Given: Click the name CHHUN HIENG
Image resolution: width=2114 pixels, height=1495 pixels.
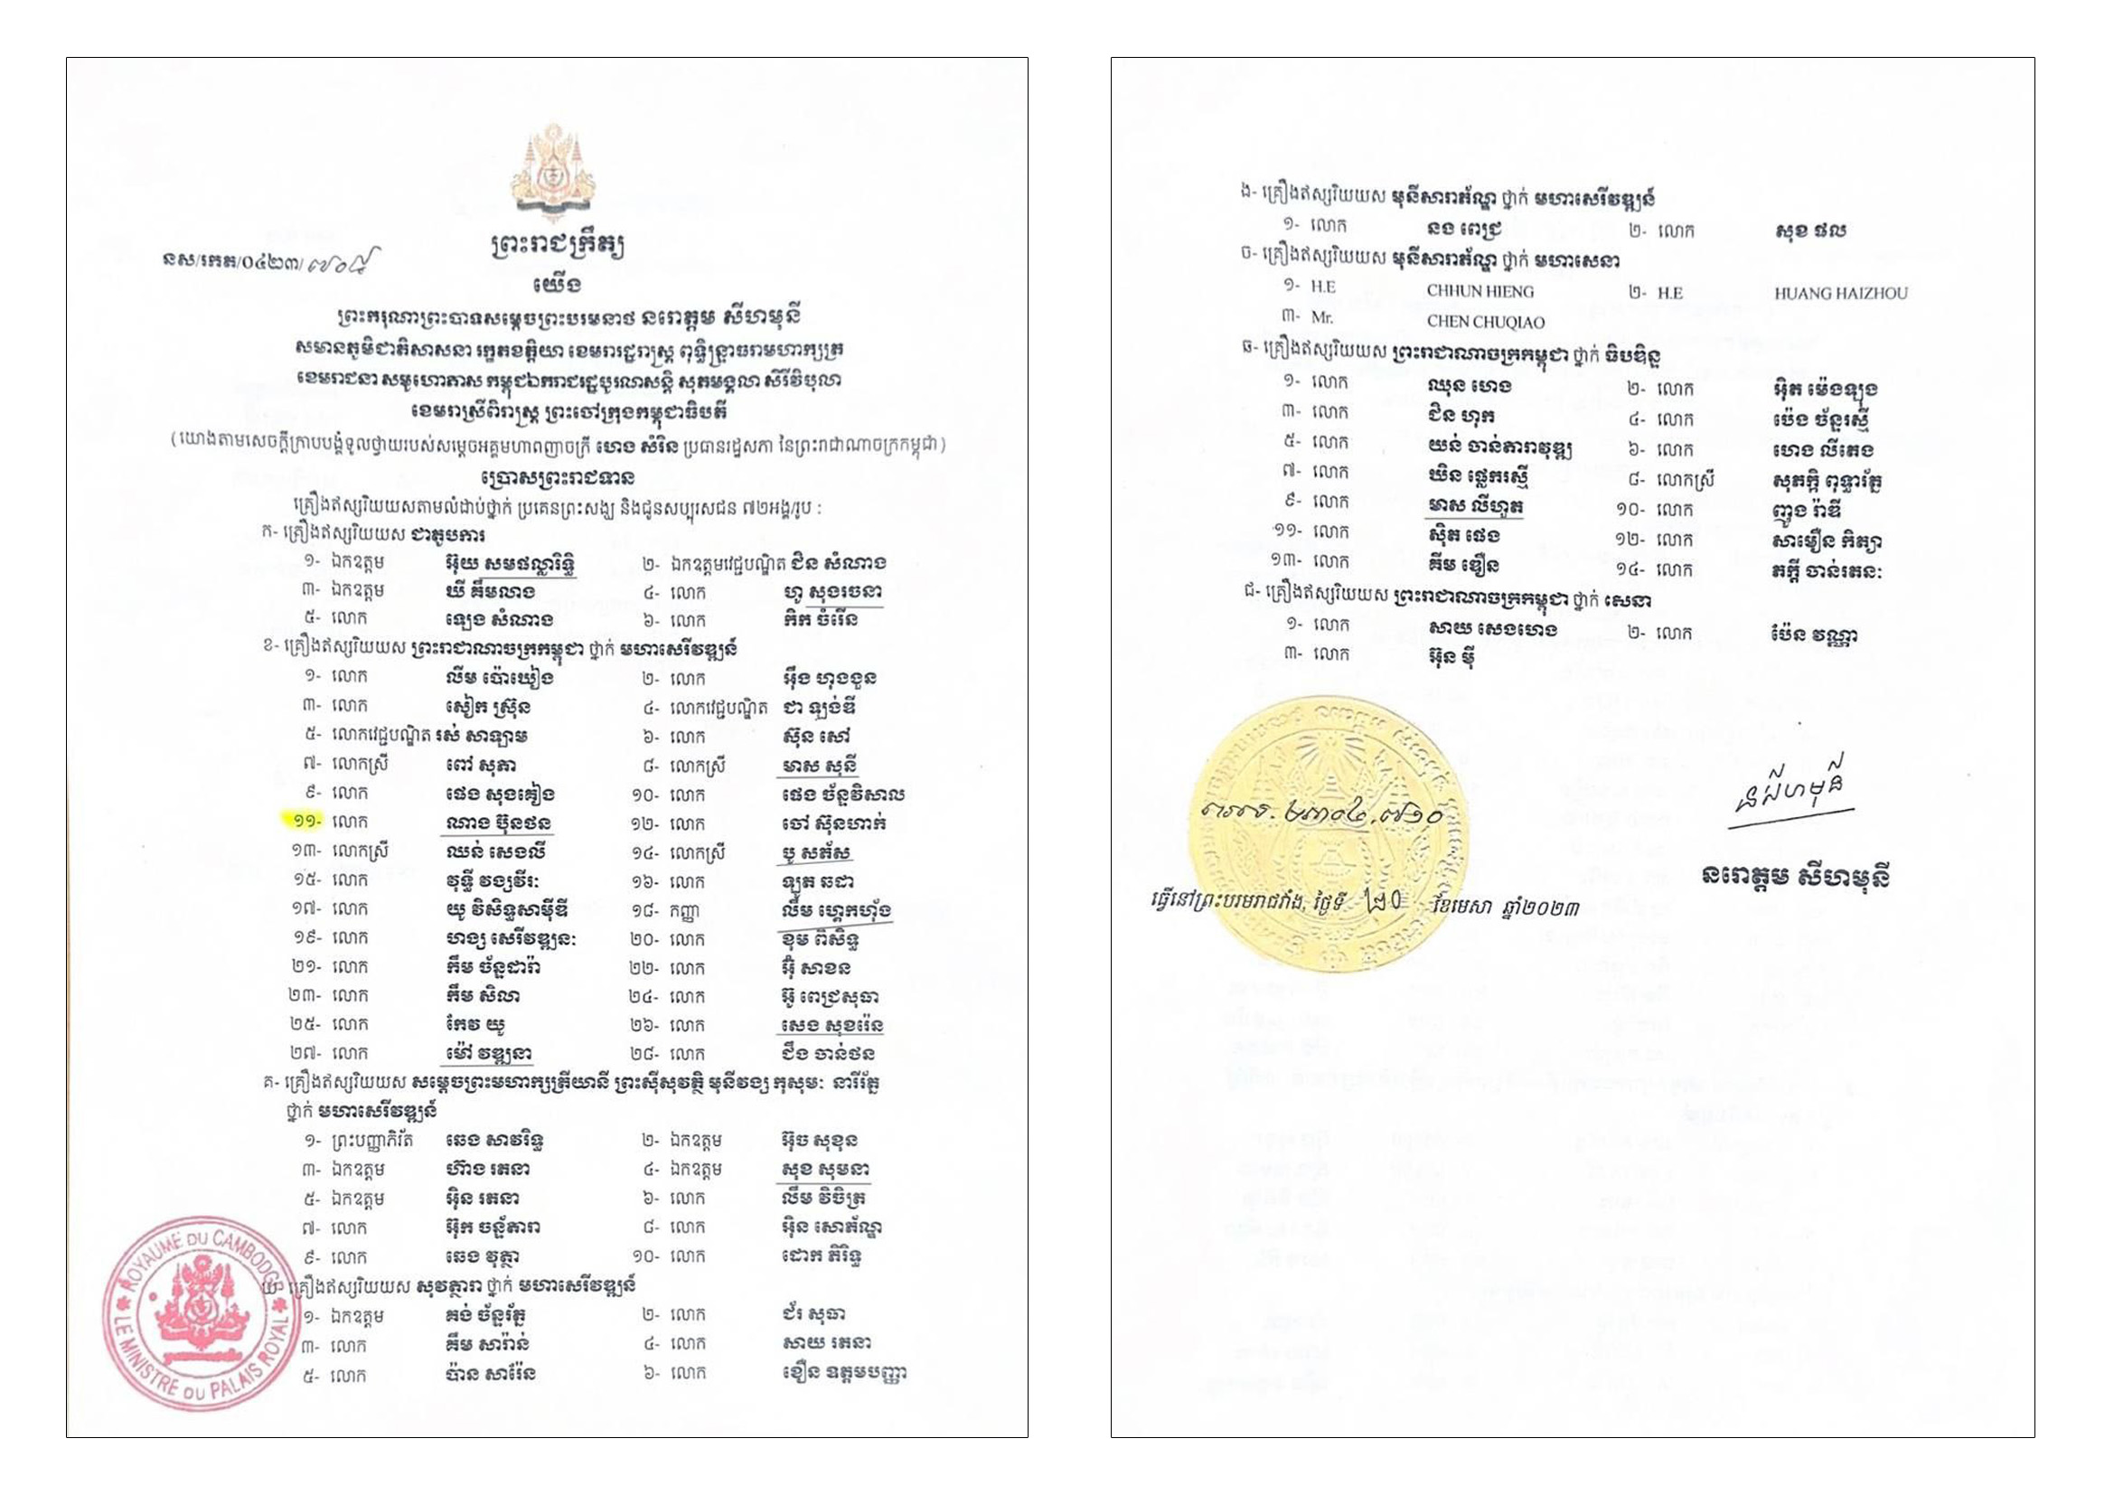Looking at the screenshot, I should point(1480,291).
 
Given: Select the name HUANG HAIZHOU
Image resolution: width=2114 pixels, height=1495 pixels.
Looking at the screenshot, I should point(1840,293).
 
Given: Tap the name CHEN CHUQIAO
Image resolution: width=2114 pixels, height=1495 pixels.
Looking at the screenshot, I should point(1485,321).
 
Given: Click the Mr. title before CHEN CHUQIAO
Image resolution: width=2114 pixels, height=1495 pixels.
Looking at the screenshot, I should point(1321,316).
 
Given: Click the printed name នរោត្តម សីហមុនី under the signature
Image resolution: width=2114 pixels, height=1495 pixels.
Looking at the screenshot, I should point(1795,876).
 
